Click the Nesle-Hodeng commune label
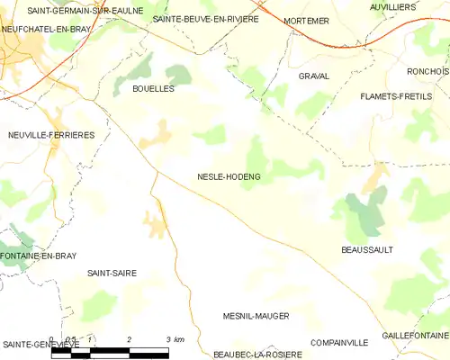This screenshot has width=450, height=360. click(x=229, y=177)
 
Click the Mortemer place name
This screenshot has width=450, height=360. click(x=306, y=20)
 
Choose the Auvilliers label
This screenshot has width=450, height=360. click(x=392, y=6)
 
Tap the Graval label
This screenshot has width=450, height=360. click(x=313, y=76)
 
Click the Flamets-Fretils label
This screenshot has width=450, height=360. click(x=396, y=95)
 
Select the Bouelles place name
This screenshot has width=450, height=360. click(x=153, y=89)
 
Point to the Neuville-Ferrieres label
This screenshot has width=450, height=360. click(x=51, y=134)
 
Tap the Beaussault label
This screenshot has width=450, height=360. click(x=367, y=249)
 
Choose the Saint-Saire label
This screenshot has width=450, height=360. click(x=112, y=271)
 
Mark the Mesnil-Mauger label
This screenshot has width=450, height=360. click(x=256, y=317)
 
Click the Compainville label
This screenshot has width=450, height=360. click(x=339, y=343)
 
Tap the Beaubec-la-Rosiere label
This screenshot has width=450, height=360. click(x=256, y=354)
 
